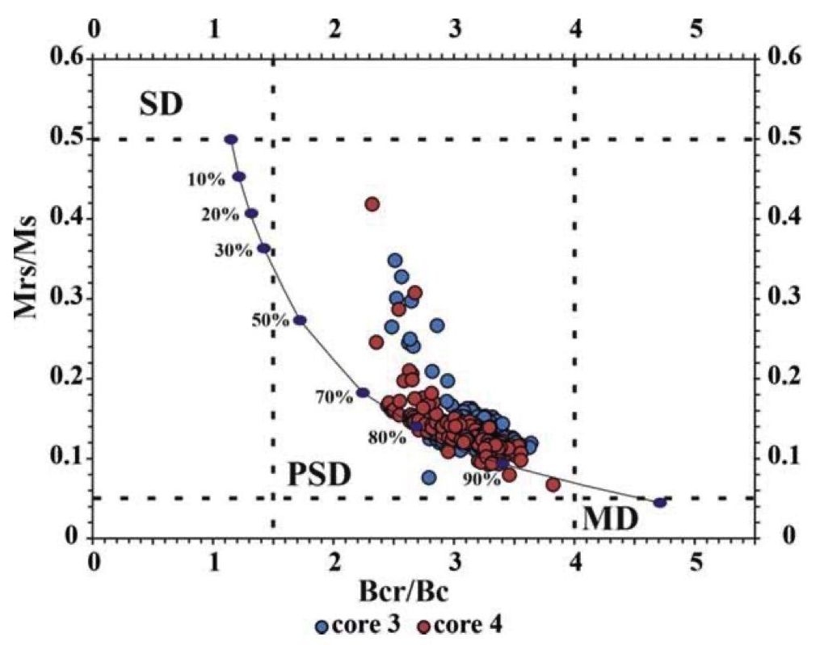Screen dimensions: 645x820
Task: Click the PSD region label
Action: point(319,475)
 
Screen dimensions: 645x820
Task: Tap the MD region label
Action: point(610,519)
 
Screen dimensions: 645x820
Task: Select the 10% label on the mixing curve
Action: point(205,179)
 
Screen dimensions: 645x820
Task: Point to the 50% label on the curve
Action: point(270,320)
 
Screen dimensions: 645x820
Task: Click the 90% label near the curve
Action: point(481,479)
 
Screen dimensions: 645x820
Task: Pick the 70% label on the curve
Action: point(334,396)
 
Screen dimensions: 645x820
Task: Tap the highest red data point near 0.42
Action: point(372,204)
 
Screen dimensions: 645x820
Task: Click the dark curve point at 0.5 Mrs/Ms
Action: point(231,140)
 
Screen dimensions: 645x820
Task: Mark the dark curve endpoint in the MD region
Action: point(660,502)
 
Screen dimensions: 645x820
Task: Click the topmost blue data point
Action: point(395,260)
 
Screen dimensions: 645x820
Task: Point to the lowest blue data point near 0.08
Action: point(428,477)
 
